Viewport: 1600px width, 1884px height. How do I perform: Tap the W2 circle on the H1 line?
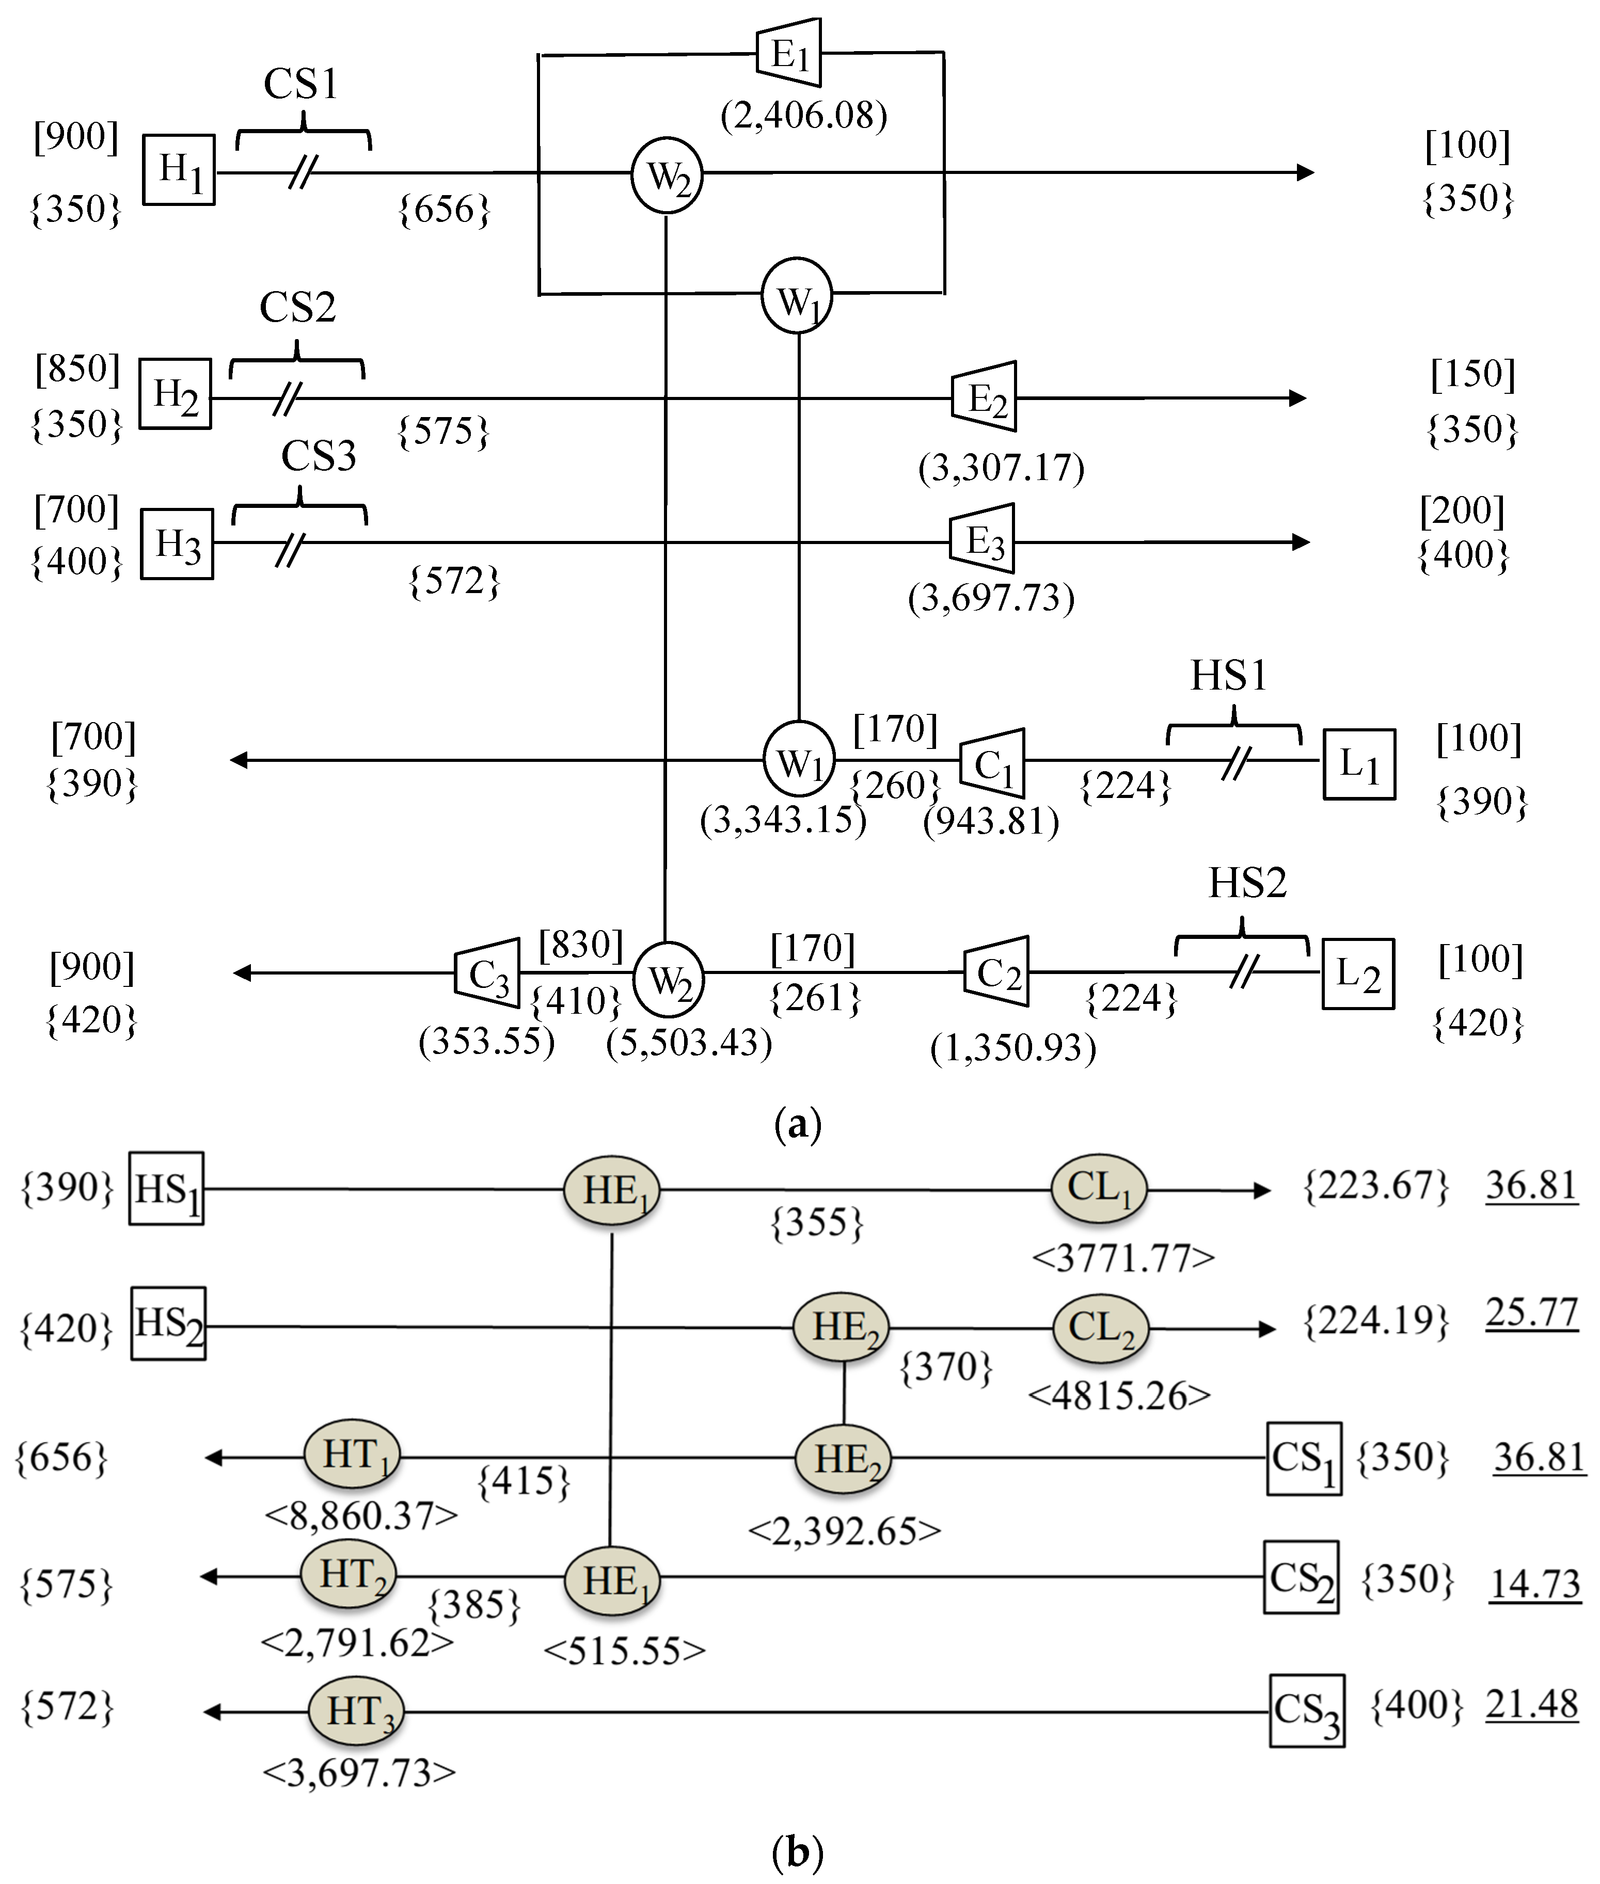(667, 175)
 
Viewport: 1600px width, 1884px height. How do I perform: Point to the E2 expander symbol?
(984, 397)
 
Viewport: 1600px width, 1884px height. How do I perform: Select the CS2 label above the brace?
(297, 307)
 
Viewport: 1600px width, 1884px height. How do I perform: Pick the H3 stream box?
(177, 544)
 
